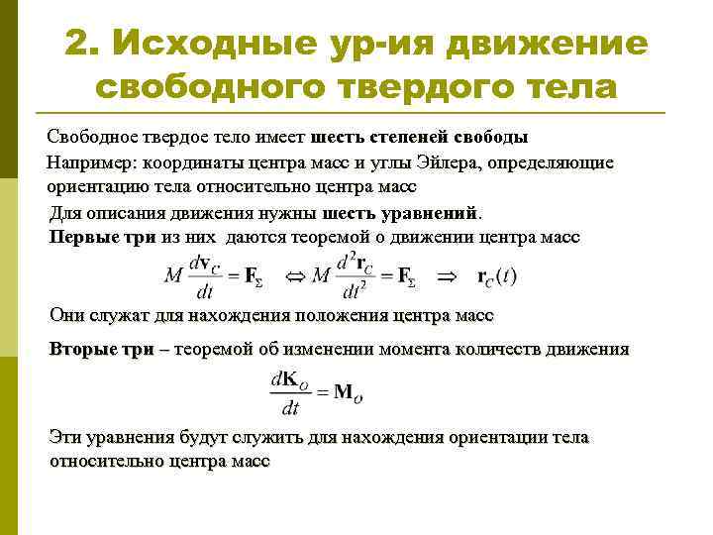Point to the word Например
coord(88,161)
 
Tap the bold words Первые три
coord(95,237)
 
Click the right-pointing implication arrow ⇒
coord(448,276)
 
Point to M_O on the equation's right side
coord(350,393)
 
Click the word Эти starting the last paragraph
coord(66,437)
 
